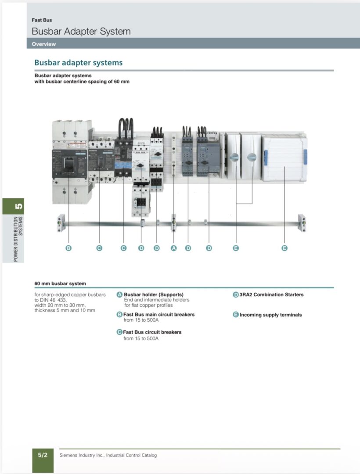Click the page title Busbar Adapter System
(x=81, y=32)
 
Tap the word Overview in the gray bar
(x=44, y=44)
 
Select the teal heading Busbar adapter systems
(x=79, y=63)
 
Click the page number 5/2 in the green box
(x=43, y=455)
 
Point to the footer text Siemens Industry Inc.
(x=108, y=455)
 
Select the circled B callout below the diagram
(x=68, y=248)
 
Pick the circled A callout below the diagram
(x=173, y=248)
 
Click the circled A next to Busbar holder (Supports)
(x=119, y=294)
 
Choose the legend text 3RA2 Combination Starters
(x=271, y=294)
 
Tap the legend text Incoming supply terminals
(x=270, y=315)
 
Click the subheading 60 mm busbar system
(x=60, y=284)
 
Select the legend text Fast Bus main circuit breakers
(x=159, y=314)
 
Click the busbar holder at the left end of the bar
(x=61, y=223)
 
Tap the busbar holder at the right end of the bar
(x=302, y=223)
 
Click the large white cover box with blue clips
(x=284, y=158)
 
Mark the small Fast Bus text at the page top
(x=42, y=20)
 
